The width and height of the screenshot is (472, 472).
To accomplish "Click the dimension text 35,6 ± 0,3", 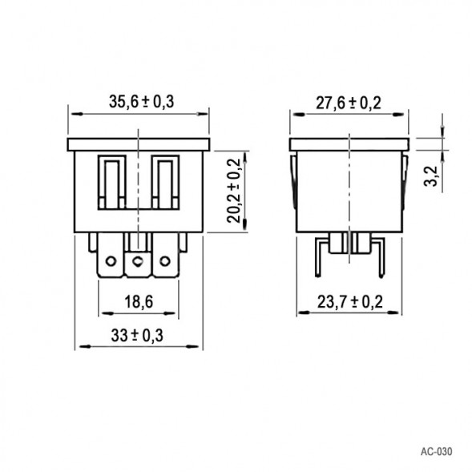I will (x=141, y=101).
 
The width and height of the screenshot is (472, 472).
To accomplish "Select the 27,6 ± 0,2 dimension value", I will (x=349, y=103).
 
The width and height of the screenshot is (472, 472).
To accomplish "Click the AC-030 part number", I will (x=435, y=451).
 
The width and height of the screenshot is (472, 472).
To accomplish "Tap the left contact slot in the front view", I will (x=111, y=183).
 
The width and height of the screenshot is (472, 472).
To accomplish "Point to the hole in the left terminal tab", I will (x=111, y=260).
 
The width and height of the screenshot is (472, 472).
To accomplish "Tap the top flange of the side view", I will (x=349, y=144).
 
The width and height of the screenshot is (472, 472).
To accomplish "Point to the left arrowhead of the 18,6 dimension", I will (x=103, y=314).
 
